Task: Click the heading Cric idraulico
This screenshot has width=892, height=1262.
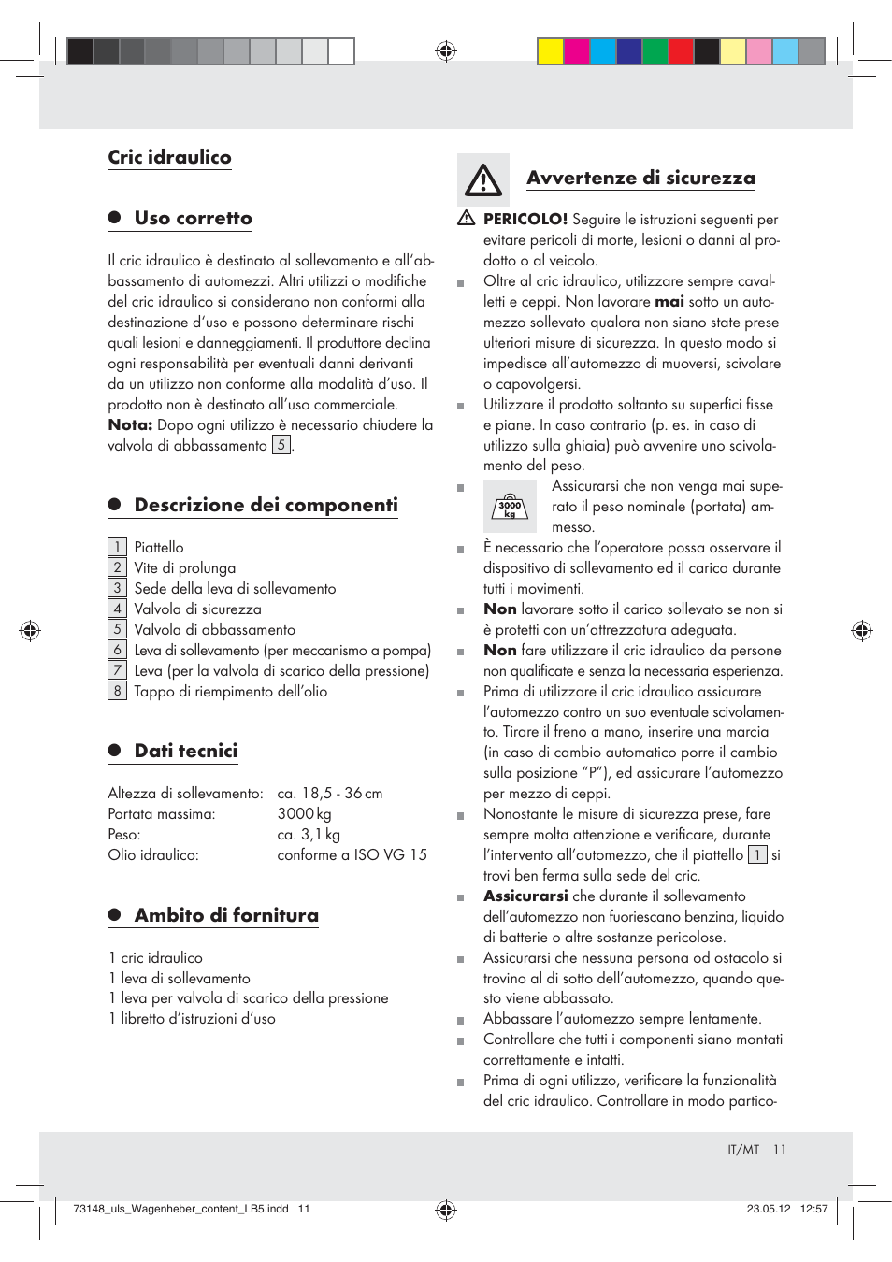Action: coord(169,157)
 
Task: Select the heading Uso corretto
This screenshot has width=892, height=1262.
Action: coord(193,218)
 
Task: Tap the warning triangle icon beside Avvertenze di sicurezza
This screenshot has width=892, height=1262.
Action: coord(483,179)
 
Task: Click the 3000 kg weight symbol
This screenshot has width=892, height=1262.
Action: coord(510,507)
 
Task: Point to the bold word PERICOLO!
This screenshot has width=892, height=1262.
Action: coord(525,219)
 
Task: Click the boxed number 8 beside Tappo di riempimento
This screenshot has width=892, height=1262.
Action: coord(117,691)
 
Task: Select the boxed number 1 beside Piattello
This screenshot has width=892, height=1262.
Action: coord(117,547)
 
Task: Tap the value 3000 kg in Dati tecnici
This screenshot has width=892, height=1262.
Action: coord(304,814)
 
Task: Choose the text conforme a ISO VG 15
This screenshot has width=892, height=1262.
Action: coord(352,854)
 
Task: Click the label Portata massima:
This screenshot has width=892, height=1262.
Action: coord(161,814)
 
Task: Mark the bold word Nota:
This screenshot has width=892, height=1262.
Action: coord(130,424)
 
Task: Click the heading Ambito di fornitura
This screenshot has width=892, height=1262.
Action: coord(225,915)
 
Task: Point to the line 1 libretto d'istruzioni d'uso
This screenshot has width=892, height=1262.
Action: coord(192,1018)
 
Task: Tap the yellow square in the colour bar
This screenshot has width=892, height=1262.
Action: coord(550,51)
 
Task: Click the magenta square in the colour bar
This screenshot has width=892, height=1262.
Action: coord(576,51)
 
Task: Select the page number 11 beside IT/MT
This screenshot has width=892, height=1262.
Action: coord(779,1149)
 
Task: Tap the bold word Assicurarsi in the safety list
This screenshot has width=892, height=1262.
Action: coord(525,896)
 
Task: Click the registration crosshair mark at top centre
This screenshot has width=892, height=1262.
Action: coord(446,51)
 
